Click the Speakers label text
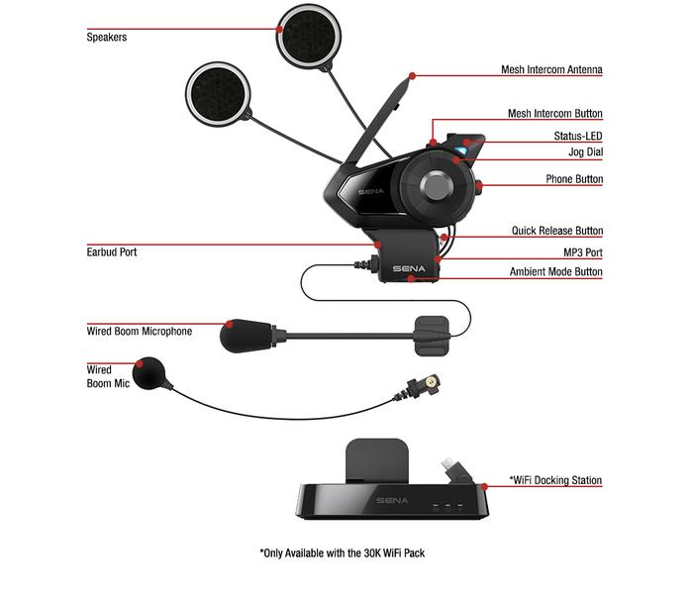click(107, 37)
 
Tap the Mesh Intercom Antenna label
click(551, 69)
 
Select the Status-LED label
click(578, 136)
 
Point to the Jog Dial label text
click(586, 152)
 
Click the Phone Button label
click(574, 179)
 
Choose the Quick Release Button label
click(557, 231)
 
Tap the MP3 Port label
click(583, 252)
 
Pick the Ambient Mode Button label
click(556, 271)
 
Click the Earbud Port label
click(111, 251)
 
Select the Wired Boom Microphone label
click(140, 331)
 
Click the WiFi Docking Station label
click(555, 480)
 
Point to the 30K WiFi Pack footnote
click(343, 552)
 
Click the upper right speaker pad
click(309, 37)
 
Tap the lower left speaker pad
click(218, 94)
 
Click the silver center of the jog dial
click(437, 185)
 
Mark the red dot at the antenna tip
click(412, 76)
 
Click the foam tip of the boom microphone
click(246, 336)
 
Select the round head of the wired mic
click(148, 373)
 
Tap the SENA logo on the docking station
click(392, 500)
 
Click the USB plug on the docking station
click(454, 471)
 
